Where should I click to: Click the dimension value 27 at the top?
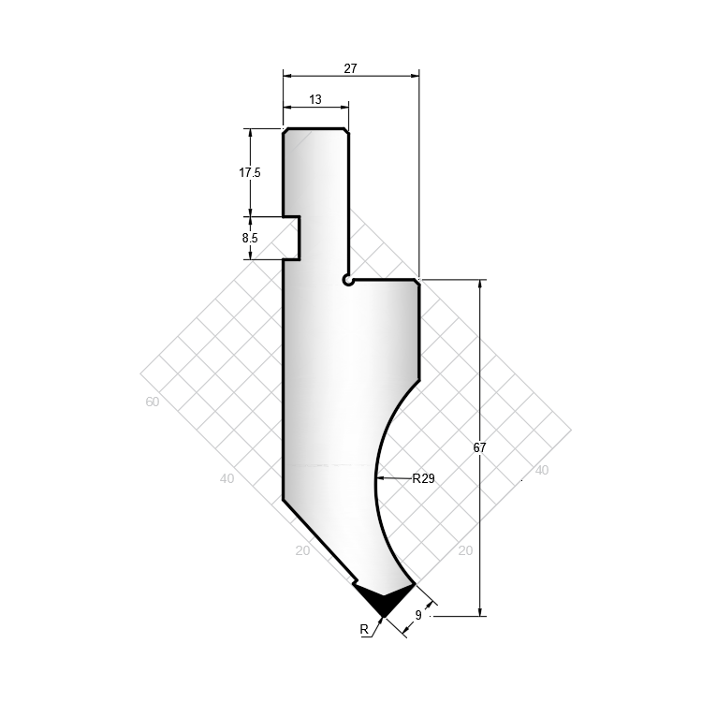pos(351,68)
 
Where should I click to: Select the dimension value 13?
pos(315,99)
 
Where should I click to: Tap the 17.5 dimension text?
pos(249,172)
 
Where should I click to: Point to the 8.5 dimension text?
pos(250,238)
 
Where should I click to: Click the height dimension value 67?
pos(479,447)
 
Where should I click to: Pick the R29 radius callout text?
pos(423,478)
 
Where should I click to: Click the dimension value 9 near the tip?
pos(418,615)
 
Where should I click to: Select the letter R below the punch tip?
pos(364,630)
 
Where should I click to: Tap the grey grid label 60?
pos(153,402)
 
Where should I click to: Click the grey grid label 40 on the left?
pos(227,478)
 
